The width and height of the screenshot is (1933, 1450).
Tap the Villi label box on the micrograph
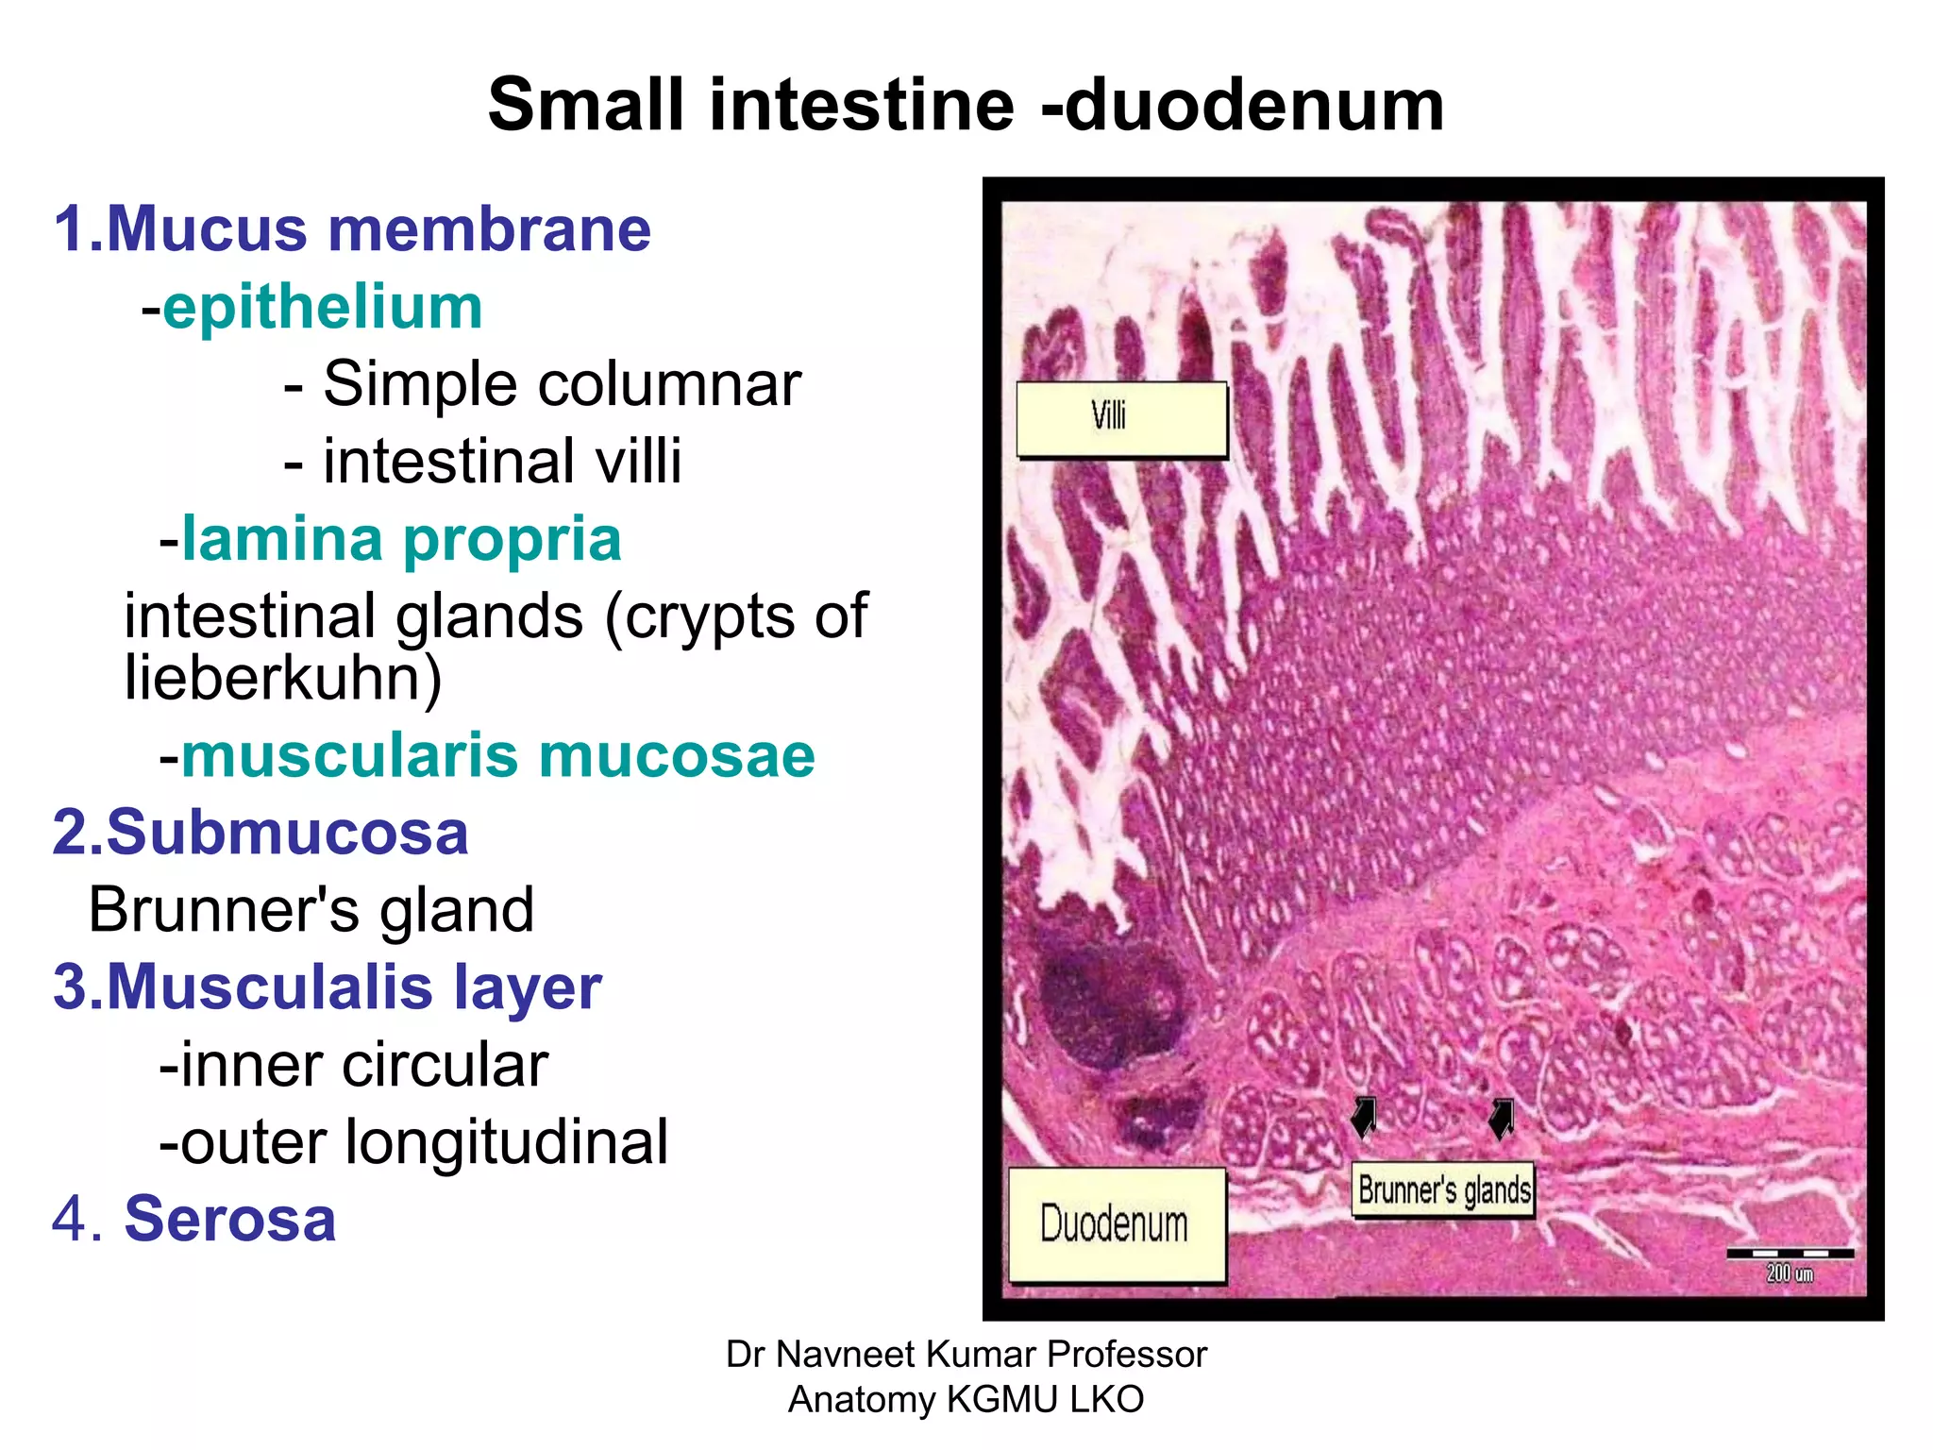(x=1121, y=419)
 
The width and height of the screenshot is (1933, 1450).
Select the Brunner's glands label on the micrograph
(x=1443, y=1190)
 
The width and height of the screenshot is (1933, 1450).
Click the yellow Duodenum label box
(x=1117, y=1224)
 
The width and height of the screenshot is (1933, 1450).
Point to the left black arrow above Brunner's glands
(x=1365, y=1117)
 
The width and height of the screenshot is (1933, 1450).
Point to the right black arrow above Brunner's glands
(x=1502, y=1118)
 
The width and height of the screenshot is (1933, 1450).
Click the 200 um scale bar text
(x=1790, y=1273)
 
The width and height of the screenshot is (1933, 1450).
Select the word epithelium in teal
(x=323, y=308)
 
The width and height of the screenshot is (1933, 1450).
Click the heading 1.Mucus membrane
(x=352, y=229)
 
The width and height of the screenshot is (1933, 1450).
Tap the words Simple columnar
(x=562, y=384)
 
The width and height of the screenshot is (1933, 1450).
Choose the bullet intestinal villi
(x=501, y=462)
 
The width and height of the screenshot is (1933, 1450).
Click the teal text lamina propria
(x=401, y=539)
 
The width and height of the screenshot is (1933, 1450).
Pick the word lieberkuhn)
(x=283, y=678)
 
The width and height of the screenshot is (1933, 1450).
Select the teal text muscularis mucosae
(x=497, y=756)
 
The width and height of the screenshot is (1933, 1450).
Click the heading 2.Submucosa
(x=261, y=833)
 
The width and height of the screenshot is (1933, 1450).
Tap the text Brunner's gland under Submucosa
(x=311, y=910)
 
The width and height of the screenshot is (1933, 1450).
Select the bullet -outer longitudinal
(x=413, y=1142)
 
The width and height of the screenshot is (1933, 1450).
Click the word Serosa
(x=229, y=1219)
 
